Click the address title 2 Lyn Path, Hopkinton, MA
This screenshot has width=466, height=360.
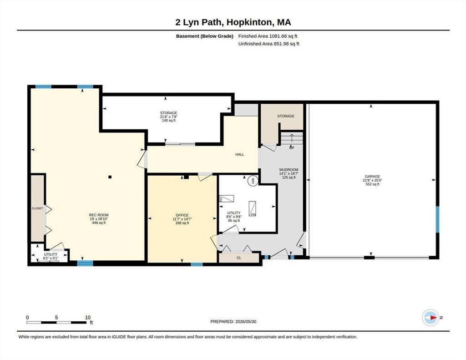[233, 22]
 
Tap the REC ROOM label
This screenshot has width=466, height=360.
[99, 215]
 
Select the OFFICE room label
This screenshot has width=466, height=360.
[182, 215]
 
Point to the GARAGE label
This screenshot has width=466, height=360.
[372, 176]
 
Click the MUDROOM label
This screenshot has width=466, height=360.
[289, 169]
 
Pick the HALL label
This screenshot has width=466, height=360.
[239, 154]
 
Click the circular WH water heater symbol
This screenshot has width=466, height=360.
[253, 181]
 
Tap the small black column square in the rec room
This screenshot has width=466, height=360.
[110, 177]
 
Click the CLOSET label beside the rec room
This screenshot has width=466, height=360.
[37, 208]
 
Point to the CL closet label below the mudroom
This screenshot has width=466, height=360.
[239, 258]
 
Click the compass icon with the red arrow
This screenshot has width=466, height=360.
[431, 318]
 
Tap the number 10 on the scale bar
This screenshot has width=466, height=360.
[88, 317]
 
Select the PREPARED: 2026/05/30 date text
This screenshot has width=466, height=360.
[233, 321]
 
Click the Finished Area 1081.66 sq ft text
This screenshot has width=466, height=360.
[268, 36]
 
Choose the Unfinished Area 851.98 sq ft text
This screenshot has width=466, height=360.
[268, 44]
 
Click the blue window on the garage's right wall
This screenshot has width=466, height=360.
[437, 219]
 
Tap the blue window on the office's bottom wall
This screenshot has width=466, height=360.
[197, 264]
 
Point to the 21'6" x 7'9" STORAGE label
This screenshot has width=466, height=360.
[168, 117]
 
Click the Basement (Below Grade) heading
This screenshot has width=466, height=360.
[204, 36]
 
